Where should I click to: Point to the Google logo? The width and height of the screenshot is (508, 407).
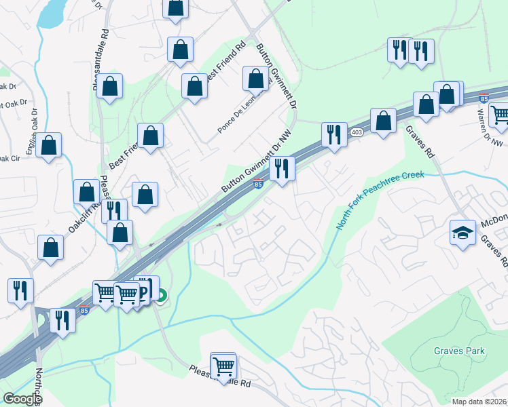(22, 399)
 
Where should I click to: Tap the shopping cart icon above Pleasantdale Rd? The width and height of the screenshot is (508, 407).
(223, 366)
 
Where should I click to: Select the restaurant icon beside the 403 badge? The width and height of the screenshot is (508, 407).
(333, 134)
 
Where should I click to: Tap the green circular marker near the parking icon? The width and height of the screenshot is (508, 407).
(161, 295)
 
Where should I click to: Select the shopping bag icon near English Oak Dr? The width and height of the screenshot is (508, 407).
(49, 146)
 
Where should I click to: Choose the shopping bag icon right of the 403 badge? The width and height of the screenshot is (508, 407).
(383, 121)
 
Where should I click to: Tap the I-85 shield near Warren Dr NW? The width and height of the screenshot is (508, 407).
(484, 99)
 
